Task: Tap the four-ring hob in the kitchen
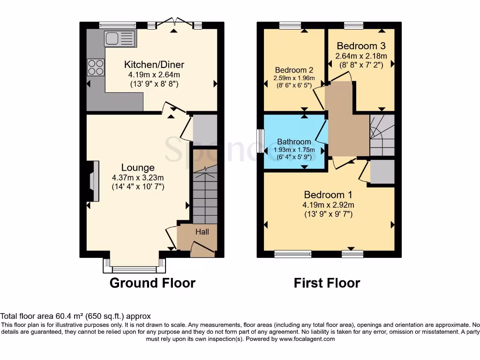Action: pos(96,67)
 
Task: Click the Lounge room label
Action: pos(138,167)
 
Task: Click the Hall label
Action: pos(202,232)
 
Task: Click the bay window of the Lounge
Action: pos(135,268)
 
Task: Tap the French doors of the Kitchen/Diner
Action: pos(174,23)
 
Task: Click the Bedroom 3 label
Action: pos(361,46)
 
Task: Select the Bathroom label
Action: pos(294,142)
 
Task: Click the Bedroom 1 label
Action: pos(328,195)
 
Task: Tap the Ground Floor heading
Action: pos(152,283)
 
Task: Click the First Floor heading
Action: pos(327,283)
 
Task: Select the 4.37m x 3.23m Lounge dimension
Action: pos(138,178)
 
